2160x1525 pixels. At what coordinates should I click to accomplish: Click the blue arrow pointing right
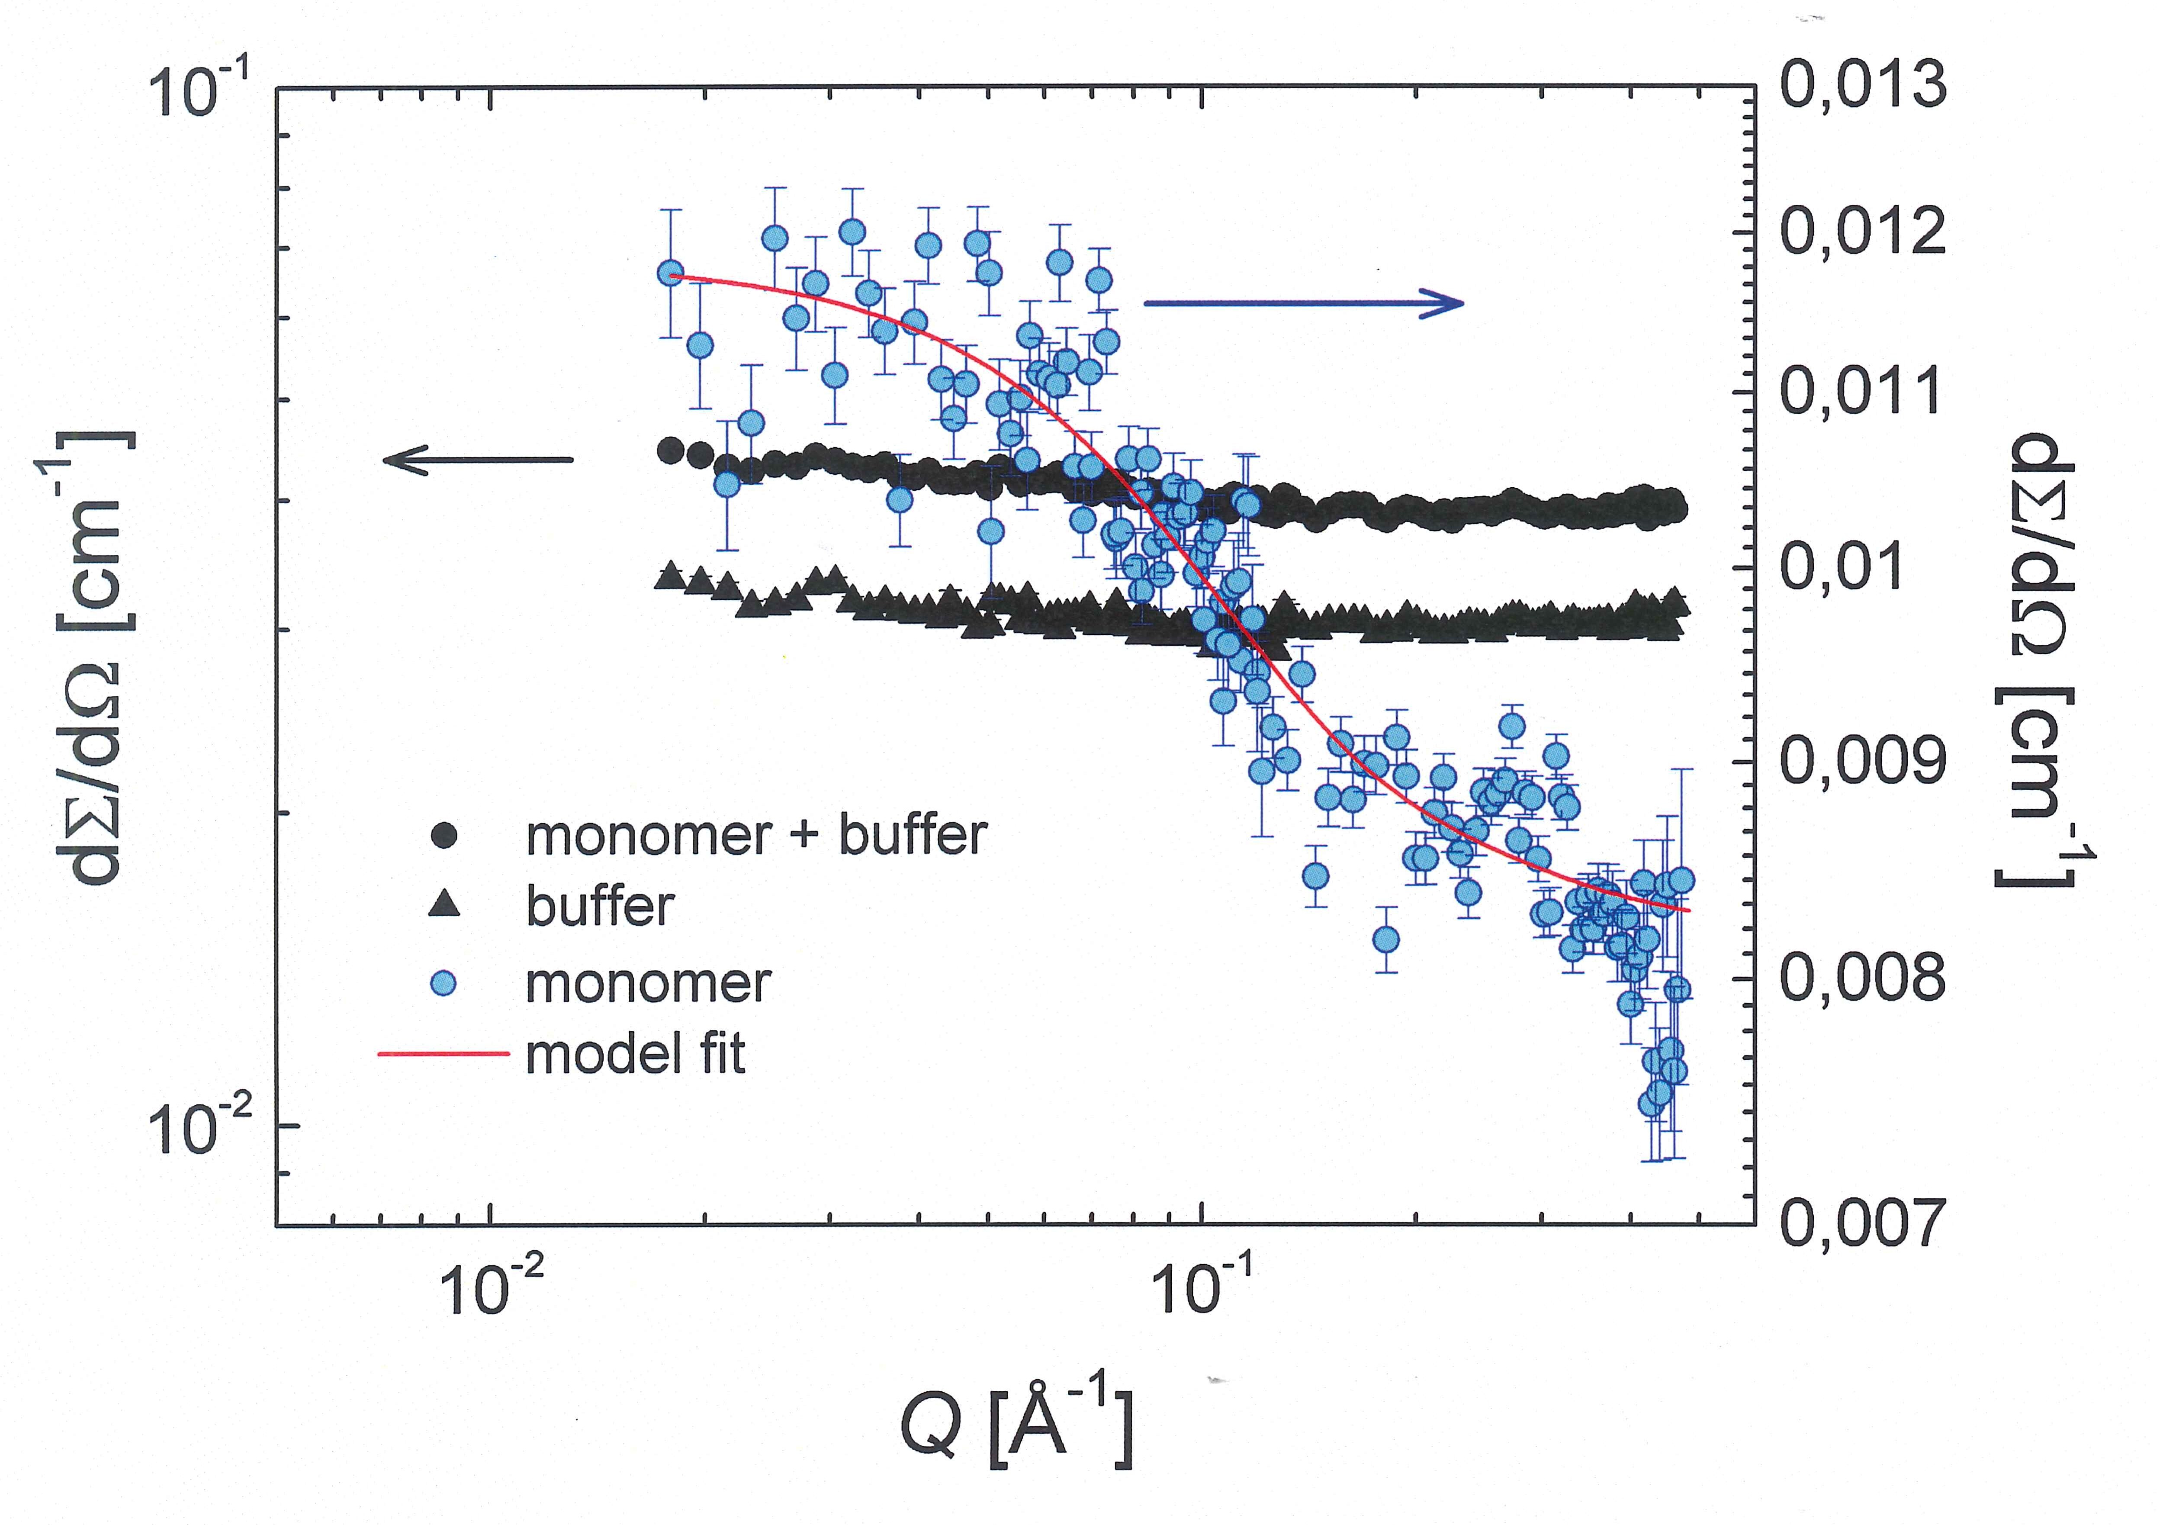pos(1303,303)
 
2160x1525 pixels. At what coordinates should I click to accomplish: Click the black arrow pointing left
pos(478,460)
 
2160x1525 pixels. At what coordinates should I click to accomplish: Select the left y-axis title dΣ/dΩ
pos(99,659)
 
